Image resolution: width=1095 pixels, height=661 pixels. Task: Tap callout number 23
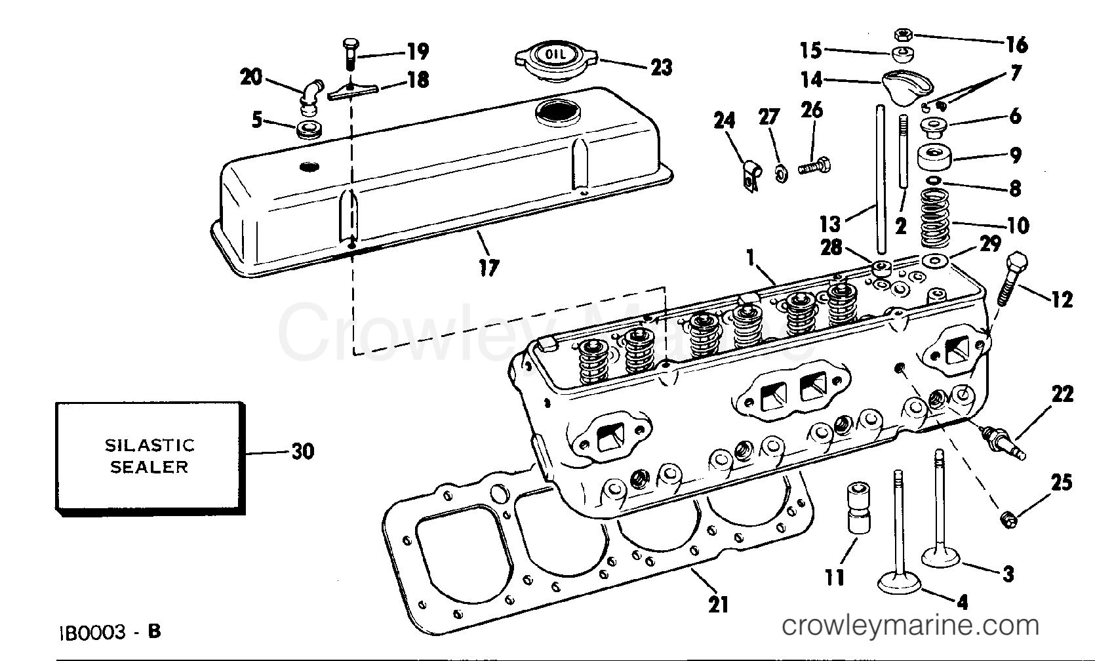coord(660,67)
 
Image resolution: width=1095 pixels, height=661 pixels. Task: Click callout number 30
coord(302,451)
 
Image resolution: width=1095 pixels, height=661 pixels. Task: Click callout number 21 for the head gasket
coord(719,604)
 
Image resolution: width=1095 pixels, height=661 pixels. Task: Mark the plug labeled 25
coord(1009,519)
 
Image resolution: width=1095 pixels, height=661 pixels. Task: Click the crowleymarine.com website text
coord(911,626)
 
